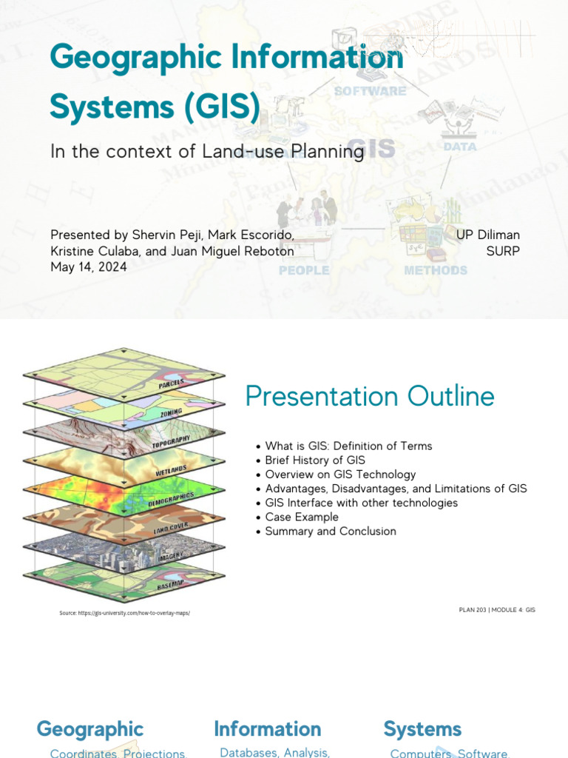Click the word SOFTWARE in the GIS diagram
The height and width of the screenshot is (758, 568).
(x=370, y=91)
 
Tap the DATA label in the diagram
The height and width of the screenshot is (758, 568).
(x=459, y=147)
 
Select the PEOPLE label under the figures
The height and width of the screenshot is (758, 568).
(x=304, y=270)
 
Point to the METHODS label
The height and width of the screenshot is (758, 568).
(x=436, y=270)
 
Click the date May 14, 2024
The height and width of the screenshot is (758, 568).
(x=88, y=267)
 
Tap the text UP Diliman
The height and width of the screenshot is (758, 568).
(x=487, y=235)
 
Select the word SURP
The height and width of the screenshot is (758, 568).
(x=503, y=251)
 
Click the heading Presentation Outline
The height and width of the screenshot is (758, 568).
(x=370, y=397)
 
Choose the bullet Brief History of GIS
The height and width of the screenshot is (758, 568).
(x=315, y=460)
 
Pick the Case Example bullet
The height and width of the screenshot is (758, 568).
(x=302, y=517)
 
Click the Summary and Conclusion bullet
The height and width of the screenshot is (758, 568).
(x=331, y=531)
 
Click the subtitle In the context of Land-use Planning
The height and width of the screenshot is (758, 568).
(x=207, y=152)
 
